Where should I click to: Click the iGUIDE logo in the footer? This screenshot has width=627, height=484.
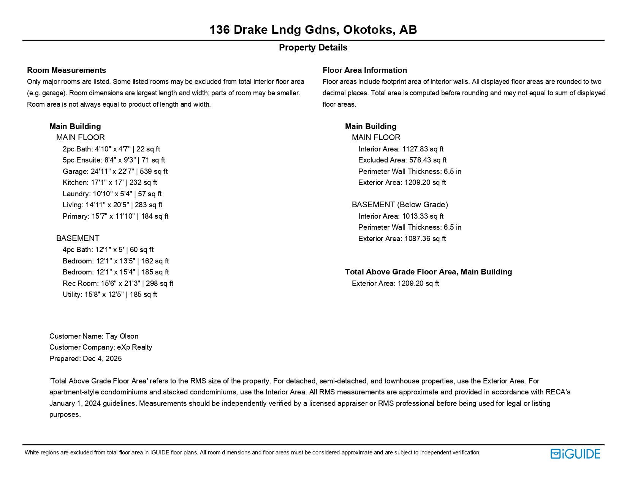pyautogui.click(x=575, y=454)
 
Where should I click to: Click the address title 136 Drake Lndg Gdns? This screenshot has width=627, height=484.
pyautogui.click(x=313, y=30)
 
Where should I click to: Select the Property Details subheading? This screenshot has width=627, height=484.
pyautogui.click(x=313, y=48)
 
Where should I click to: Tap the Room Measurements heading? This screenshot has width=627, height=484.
pyautogui.click(x=66, y=70)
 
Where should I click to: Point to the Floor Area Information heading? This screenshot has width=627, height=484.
pyautogui.click(x=364, y=70)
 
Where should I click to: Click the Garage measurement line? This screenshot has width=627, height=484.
pyautogui.click(x=115, y=172)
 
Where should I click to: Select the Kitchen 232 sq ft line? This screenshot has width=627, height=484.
pyautogui.click(x=110, y=183)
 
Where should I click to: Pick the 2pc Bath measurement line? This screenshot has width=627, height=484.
pyautogui.click(x=111, y=149)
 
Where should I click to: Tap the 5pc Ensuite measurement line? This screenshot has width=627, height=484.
pyautogui.click(x=114, y=160)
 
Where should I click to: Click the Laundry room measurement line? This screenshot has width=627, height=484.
pyautogui.click(x=112, y=194)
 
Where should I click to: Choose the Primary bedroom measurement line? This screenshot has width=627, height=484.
pyautogui.click(x=116, y=216)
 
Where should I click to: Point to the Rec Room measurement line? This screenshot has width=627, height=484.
pyautogui.click(x=118, y=284)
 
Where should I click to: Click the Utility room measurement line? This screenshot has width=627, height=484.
pyautogui.click(x=110, y=295)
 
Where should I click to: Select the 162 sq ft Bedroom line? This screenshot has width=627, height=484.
pyautogui.click(x=116, y=261)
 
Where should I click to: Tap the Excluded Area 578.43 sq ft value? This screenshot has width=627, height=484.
pyautogui.click(x=402, y=160)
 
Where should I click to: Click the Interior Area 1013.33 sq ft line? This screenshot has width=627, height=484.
pyautogui.click(x=401, y=216)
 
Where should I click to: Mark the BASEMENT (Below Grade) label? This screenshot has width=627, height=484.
pyautogui.click(x=400, y=205)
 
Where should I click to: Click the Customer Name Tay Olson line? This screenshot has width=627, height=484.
pyautogui.click(x=94, y=336)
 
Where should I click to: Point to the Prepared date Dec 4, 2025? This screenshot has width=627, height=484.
pyautogui.click(x=85, y=359)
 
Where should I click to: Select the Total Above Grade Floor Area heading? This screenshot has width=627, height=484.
pyautogui.click(x=428, y=272)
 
